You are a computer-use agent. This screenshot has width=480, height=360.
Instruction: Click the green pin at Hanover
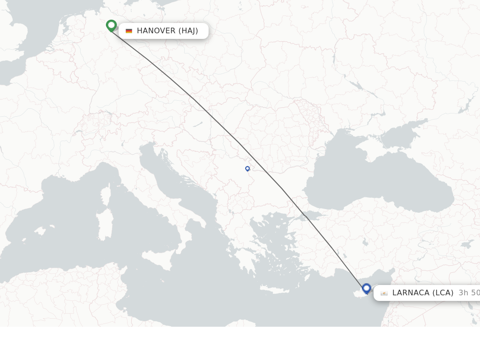point(111,25)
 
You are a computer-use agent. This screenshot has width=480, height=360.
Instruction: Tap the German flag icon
point(129,31)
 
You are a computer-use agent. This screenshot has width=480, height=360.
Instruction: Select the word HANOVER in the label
point(156,31)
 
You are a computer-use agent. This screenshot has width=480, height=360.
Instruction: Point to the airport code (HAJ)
point(188,31)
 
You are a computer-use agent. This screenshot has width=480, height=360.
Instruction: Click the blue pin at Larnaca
point(367,288)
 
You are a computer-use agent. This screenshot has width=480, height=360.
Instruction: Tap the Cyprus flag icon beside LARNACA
point(384,293)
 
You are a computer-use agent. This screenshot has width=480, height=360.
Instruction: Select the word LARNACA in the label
point(411,293)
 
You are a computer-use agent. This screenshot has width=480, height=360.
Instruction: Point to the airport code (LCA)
point(443,293)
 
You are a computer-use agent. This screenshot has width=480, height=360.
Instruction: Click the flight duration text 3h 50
point(469,293)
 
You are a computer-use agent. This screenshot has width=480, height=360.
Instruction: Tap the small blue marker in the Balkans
point(247,169)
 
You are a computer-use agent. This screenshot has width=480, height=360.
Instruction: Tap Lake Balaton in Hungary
point(197,125)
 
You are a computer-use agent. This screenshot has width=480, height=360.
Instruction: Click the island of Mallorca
point(39,231)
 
